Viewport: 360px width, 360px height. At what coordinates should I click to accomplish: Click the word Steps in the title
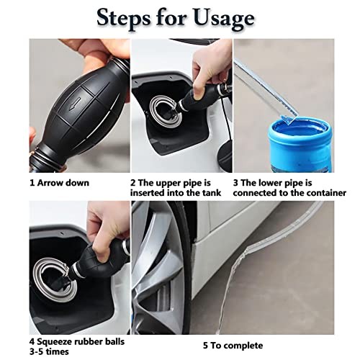click(x=123, y=18)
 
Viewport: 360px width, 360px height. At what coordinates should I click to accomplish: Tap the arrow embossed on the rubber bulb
click(x=76, y=104)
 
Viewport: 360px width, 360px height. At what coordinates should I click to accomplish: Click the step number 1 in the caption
click(x=32, y=183)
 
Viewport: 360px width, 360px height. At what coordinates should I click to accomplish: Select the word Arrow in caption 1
click(x=49, y=183)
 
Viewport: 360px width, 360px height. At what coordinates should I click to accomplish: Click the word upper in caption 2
click(x=168, y=184)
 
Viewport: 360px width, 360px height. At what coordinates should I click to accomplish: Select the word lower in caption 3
click(x=268, y=183)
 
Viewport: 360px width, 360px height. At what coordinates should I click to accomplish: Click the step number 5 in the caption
click(x=205, y=346)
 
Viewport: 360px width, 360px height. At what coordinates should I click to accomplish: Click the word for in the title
click(x=171, y=18)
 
